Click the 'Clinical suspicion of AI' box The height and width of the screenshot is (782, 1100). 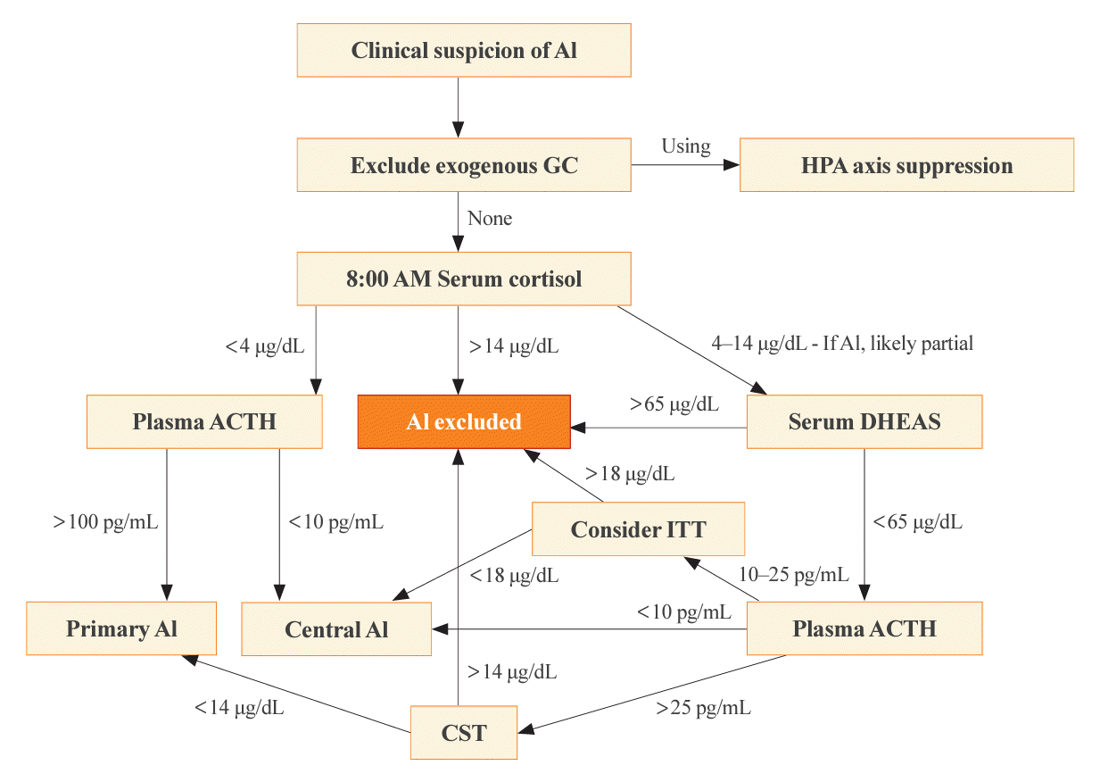coord(464,50)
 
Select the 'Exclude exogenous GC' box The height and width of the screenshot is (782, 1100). coord(464,164)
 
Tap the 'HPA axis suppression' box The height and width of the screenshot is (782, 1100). coord(906,164)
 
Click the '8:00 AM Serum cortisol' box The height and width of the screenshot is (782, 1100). coord(464,279)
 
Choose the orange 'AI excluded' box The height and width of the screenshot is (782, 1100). coord(464,421)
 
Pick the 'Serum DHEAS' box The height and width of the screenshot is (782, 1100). coord(864,421)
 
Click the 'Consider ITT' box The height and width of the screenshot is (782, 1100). coord(638,528)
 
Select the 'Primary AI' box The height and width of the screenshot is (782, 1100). coord(121,628)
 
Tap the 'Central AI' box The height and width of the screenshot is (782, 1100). coord(336,629)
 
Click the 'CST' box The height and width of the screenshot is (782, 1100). coord(464,732)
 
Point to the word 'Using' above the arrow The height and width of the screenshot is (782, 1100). coord(685,146)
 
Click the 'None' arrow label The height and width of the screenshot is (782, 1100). coord(490,218)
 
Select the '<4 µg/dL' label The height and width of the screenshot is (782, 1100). coord(265,346)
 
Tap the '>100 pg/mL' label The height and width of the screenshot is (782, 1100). coord(105,522)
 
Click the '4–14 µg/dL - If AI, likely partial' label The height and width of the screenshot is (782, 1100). coord(842,343)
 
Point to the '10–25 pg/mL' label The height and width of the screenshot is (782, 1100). coord(794,574)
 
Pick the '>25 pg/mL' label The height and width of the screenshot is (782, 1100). coord(703,708)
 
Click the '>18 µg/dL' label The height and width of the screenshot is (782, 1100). coord(630,474)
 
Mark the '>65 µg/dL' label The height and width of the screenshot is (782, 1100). coord(674,404)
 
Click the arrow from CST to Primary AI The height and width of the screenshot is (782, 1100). coord(296,694)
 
